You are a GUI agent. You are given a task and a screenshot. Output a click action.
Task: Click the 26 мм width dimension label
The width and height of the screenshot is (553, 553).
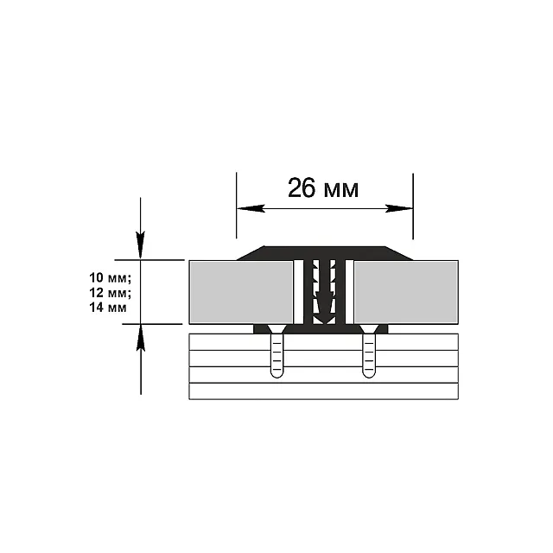tap(323, 188)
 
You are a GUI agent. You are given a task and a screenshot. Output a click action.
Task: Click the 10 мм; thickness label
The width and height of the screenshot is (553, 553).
tap(110, 278)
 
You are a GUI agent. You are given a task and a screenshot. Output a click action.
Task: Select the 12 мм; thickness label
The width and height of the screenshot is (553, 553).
tap(110, 293)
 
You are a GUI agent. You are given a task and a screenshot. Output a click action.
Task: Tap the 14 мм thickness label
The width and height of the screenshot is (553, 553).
tap(108, 308)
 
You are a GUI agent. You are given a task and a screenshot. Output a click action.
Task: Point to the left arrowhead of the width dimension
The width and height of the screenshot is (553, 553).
tap(251, 208)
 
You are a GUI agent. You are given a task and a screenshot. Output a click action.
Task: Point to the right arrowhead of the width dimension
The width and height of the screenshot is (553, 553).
tap(399, 208)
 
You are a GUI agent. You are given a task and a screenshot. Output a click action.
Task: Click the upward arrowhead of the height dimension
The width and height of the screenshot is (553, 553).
tap(141, 338)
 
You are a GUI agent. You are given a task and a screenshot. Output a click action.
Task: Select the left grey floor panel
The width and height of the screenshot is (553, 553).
tap(241, 292)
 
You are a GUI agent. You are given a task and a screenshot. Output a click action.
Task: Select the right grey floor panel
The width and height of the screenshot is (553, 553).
tap(406, 292)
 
